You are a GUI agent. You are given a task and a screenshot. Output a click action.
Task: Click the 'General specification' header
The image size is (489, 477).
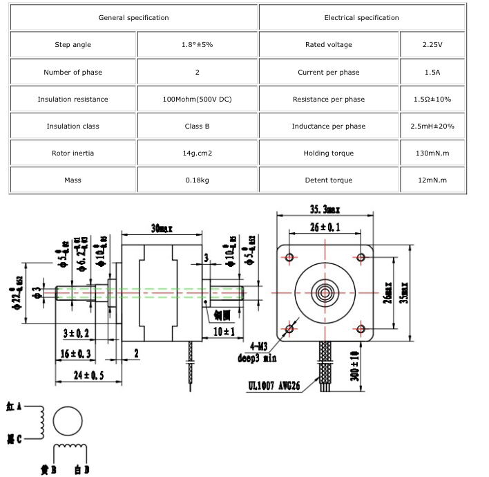coord(133,18)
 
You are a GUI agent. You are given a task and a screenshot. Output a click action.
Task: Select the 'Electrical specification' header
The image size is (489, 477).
coord(361,18)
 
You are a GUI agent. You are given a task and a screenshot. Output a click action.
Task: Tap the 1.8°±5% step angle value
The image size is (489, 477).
coord(197,45)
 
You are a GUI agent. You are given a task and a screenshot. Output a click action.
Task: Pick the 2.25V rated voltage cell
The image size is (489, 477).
coord(432,45)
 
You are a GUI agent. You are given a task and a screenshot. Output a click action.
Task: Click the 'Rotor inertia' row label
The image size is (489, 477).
coord(73,153)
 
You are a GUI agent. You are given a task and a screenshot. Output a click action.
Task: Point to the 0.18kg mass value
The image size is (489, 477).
coord(197,180)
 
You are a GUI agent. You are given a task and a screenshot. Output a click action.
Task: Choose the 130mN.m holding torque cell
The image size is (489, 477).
coord(432,153)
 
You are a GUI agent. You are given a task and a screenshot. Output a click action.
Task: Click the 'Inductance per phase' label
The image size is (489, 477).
coord(328,127)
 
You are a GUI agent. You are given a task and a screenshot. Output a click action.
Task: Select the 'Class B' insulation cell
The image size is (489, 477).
coord(197,127)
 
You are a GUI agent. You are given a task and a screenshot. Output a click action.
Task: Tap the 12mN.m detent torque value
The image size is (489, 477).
coord(432,180)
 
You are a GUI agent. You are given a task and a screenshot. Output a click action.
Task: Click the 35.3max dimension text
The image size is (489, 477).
coord(325,209)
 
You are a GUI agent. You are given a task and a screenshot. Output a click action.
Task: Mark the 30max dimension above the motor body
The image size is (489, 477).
coord(161,228)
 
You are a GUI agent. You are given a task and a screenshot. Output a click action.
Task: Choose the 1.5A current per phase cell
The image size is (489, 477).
coord(432,72)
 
